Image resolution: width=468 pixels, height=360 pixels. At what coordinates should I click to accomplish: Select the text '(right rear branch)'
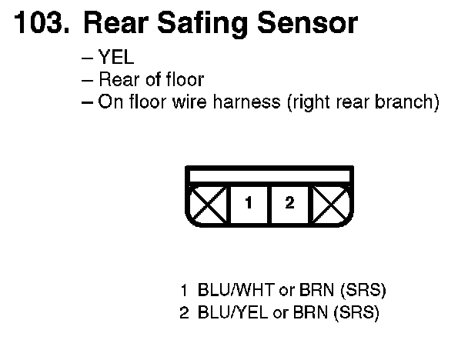point(362,102)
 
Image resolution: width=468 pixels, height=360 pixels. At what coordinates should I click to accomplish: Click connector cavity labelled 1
point(249,204)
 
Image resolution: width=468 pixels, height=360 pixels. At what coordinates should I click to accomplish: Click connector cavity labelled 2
point(289,204)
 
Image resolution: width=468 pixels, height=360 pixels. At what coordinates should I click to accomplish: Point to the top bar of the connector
point(269,175)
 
